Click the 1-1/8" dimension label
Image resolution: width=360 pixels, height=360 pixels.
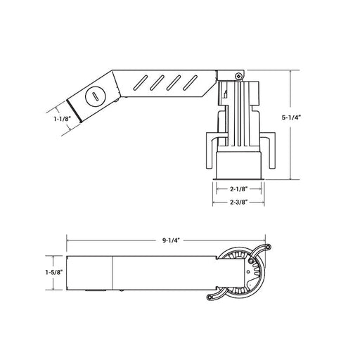click(62, 119)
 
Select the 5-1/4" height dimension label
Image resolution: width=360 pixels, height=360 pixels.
click(291, 118)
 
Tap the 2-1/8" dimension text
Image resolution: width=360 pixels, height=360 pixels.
click(239, 189)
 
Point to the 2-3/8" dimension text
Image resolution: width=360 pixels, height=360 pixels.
click(239, 202)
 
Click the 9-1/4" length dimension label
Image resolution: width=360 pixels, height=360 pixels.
click(171, 240)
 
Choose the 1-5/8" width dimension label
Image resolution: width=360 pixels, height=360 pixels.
click(54, 273)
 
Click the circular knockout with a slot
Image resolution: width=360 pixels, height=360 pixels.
click(96, 96)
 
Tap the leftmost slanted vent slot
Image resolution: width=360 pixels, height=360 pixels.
click(141, 83)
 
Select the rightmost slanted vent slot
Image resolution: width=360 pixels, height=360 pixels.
click(190, 83)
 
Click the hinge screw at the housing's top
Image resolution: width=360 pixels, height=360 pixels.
click(238, 76)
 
